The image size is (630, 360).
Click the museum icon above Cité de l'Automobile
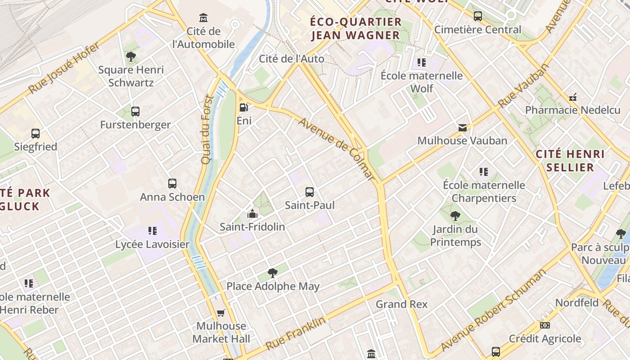point(203,18)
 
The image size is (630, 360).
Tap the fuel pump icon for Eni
point(243,107)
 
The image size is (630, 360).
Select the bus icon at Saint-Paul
point(310,192)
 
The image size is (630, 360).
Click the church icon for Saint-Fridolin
point(252,214)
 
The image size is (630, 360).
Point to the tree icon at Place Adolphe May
point(272,273)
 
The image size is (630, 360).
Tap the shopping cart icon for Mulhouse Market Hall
point(220,313)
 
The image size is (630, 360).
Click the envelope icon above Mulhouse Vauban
point(462,128)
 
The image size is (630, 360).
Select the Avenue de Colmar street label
point(336,149)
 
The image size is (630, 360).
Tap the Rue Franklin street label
point(295,334)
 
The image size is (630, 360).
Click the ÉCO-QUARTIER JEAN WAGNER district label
point(355,28)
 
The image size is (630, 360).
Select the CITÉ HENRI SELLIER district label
point(570,161)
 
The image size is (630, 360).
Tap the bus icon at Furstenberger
point(135,112)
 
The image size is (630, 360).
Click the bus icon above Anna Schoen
point(172,184)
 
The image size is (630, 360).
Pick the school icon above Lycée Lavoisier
point(153,231)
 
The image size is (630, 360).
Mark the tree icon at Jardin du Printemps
point(455,216)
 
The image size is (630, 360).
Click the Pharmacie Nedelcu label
point(572,110)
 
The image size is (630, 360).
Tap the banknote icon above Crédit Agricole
point(544,325)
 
